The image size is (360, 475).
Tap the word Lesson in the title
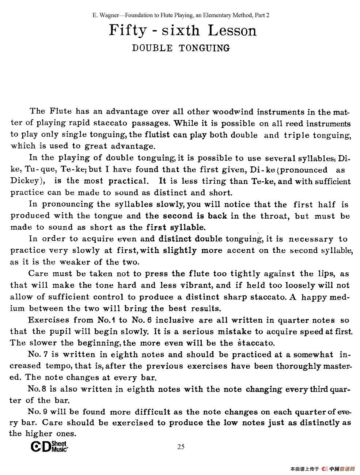click(x=232, y=30)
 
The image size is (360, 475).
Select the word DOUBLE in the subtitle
click(x=152, y=48)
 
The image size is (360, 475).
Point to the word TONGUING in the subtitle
click(x=204, y=48)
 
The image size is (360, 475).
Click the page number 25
click(x=181, y=446)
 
